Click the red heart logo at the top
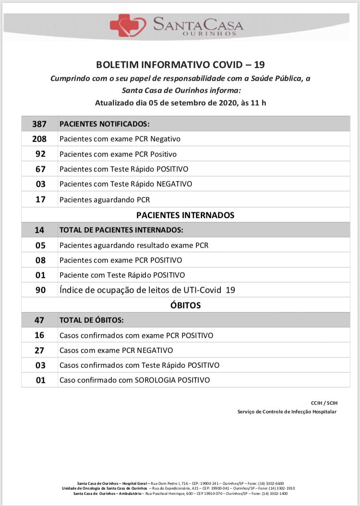click(128, 25)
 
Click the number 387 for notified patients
click(39, 124)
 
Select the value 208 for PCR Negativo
click(39, 139)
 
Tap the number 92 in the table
click(40, 154)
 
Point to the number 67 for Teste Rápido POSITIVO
click(40, 169)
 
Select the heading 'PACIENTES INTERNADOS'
click(185, 215)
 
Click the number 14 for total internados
click(39, 230)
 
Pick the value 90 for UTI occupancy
click(40, 290)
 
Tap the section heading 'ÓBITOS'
click(185, 305)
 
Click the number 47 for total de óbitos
click(40, 320)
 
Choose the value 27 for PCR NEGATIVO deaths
click(40, 350)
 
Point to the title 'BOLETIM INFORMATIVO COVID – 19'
click(180, 65)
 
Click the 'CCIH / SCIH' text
click(324, 403)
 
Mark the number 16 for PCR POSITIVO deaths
click(40, 335)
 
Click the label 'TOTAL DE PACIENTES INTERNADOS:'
click(121, 230)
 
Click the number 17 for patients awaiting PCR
click(40, 199)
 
